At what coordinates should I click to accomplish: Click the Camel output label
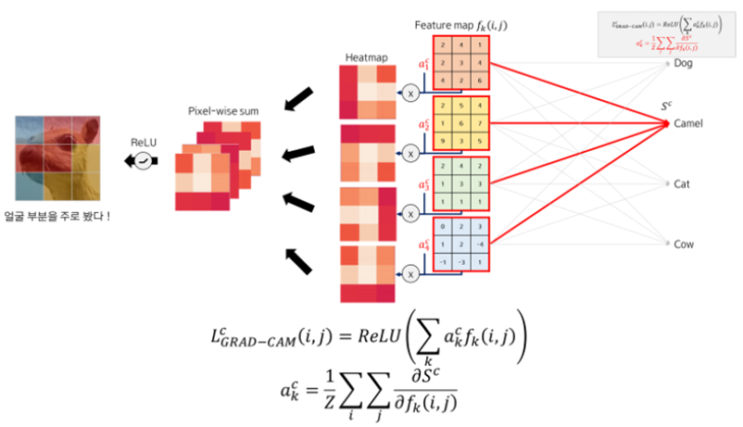pos(689,123)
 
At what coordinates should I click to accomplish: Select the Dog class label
pos(684,64)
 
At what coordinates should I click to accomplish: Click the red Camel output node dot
pos(667,123)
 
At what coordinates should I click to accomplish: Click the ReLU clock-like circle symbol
pos(143,160)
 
